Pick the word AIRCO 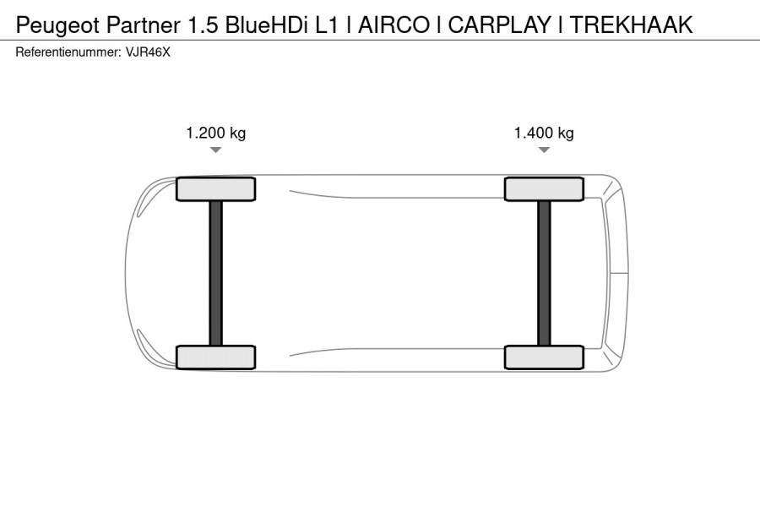[391, 25]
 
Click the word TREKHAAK [631, 25]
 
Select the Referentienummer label [63, 52]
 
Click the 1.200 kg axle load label [216, 133]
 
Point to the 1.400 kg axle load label [544, 133]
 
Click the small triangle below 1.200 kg [216, 150]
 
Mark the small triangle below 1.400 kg [544, 150]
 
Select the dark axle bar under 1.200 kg [216, 273]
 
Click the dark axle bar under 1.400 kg [544, 273]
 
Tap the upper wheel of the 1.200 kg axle [216, 189]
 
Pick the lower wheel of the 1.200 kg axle [216, 357]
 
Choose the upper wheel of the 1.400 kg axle [544, 189]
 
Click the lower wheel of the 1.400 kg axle [544, 357]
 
